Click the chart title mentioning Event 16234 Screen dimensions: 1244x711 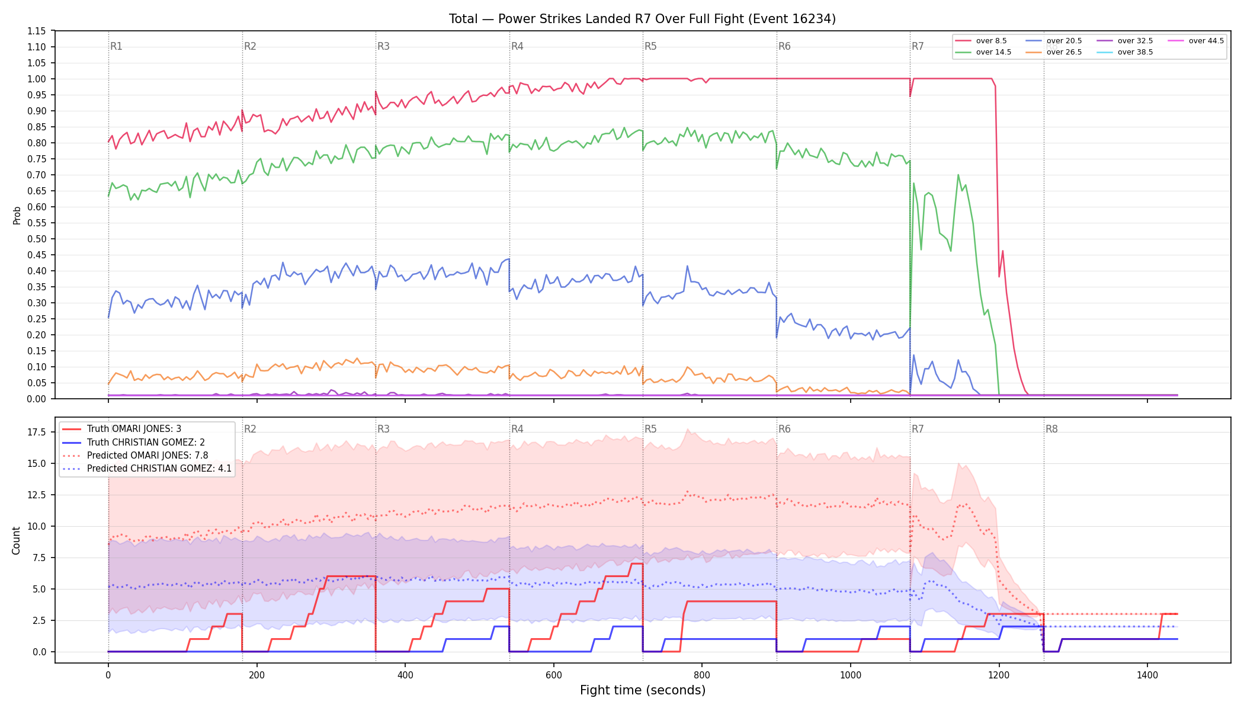click(642, 19)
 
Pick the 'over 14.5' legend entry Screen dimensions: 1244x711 click(983, 52)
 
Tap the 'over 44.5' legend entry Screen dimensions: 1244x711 click(1195, 41)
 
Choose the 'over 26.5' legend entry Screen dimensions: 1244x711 click(1054, 52)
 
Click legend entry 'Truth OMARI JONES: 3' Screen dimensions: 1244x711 click(122, 429)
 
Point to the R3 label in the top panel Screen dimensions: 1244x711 click(383, 46)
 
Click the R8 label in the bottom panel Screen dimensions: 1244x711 click(1051, 429)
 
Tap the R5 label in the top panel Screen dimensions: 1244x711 click(650, 46)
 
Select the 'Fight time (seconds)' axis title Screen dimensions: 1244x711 click(643, 690)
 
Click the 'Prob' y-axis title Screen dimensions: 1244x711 click(17, 215)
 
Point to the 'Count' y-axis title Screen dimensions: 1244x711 click(16, 540)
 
